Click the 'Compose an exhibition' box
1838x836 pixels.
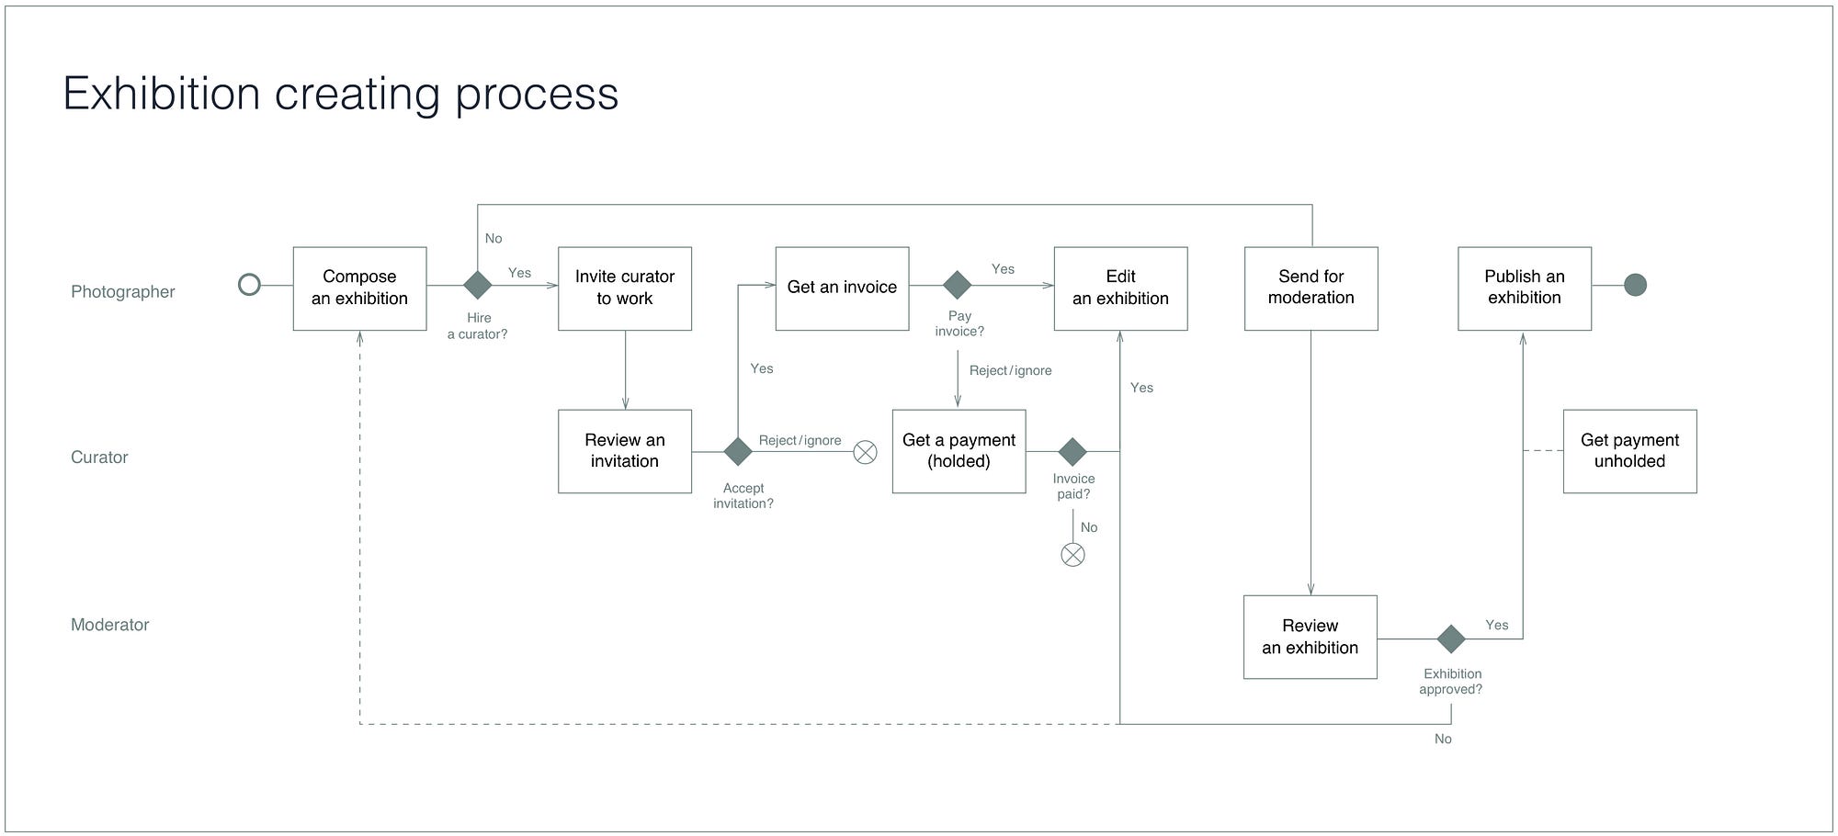click(359, 288)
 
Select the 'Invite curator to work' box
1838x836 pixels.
click(625, 288)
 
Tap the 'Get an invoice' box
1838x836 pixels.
click(842, 288)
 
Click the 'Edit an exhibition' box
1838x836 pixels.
click(1120, 288)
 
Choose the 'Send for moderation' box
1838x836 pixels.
click(1310, 288)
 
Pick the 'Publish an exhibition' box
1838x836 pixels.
click(1524, 288)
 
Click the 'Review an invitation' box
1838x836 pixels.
click(625, 451)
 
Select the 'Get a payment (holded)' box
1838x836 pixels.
click(959, 451)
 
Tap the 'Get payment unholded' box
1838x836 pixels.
click(1629, 451)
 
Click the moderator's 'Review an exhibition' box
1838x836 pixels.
click(1310, 637)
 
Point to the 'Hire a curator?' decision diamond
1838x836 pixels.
click(477, 285)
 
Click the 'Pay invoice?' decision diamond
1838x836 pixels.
click(957, 285)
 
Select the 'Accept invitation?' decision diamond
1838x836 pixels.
click(738, 451)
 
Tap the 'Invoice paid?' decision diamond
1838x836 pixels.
click(1072, 451)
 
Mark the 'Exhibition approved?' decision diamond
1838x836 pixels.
click(1450, 638)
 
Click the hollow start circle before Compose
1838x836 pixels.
click(249, 285)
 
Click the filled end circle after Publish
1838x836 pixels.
click(1635, 285)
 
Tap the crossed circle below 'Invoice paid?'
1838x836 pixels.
click(1072, 555)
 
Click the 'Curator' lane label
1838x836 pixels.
click(99, 458)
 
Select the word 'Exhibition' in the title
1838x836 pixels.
click(162, 94)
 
